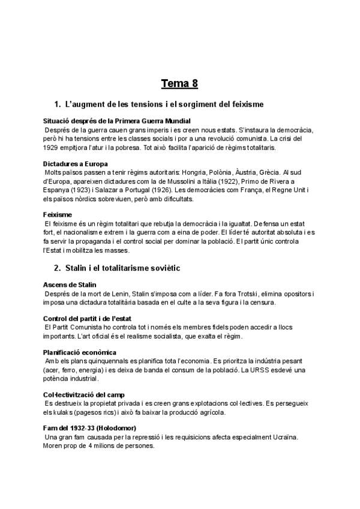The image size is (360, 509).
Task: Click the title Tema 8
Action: point(179,82)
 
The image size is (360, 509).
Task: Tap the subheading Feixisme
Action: point(58,214)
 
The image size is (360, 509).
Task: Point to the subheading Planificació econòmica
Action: point(80,352)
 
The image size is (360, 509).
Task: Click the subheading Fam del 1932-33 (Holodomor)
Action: point(90,428)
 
